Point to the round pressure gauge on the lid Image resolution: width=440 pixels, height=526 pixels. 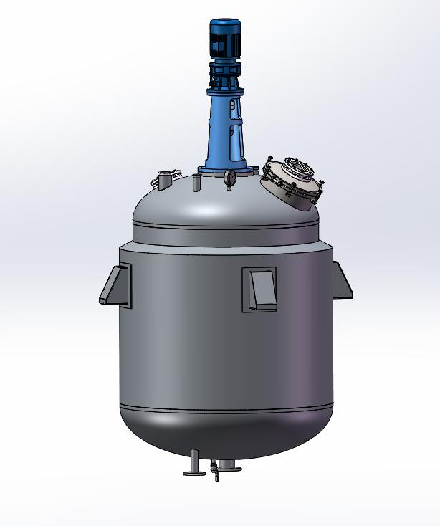coord(230,178)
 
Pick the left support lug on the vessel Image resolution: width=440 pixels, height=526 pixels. coord(115,284)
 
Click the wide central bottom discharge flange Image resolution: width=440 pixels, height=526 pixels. coord(228,467)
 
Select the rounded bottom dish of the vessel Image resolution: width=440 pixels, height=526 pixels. coord(226,434)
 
